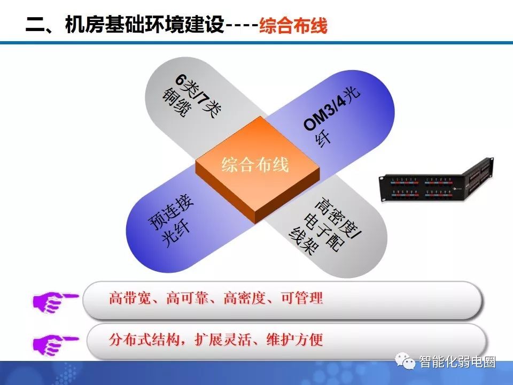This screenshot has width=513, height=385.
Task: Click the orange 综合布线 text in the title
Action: [x=293, y=25]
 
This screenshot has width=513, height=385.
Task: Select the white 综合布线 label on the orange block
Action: [x=255, y=164]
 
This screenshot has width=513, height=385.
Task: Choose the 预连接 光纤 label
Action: [x=172, y=221]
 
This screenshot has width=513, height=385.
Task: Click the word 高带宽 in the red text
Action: [x=129, y=298]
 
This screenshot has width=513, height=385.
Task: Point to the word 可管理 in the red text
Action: [x=302, y=298]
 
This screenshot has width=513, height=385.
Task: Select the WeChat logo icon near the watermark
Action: [x=405, y=361]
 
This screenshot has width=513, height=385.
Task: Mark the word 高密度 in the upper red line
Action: [x=244, y=298]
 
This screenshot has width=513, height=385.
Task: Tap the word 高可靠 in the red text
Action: [x=187, y=298]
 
